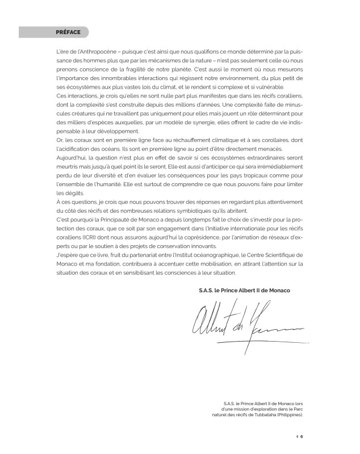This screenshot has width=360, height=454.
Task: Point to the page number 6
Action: point(302,436)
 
